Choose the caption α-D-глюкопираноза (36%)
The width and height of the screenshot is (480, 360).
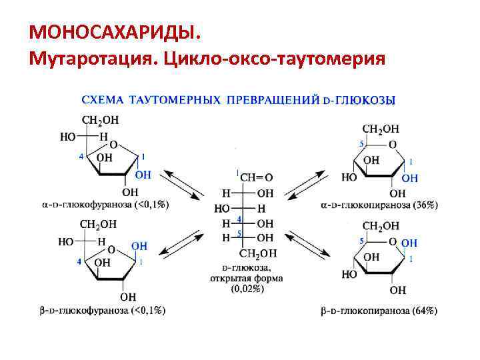(x=379, y=205)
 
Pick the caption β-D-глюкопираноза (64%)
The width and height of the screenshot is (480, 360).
(x=379, y=311)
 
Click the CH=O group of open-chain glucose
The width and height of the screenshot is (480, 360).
(x=256, y=177)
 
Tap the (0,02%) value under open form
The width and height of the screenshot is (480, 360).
(x=247, y=289)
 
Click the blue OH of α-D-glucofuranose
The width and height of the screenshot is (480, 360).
(x=143, y=175)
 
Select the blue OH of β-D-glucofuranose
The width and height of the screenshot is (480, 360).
(x=139, y=247)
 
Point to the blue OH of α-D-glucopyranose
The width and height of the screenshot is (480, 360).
(x=410, y=178)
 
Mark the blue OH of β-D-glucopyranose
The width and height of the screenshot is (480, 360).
(x=409, y=243)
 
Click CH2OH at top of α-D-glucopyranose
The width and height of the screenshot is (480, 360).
(x=381, y=128)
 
